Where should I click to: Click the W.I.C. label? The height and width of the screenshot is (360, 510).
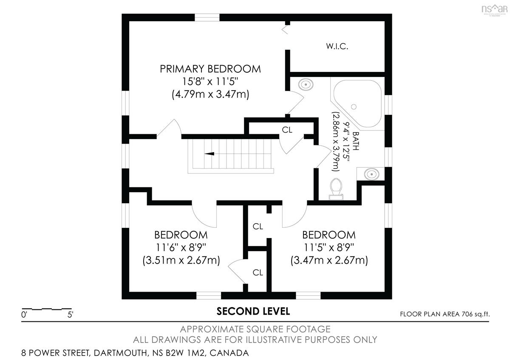pyautogui.click(x=337, y=46)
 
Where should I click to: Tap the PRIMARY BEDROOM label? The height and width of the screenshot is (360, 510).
pyautogui.click(x=210, y=69)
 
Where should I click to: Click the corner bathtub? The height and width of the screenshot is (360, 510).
pyautogui.click(x=358, y=104)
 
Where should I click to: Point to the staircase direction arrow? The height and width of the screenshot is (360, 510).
pyautogui.click(x=209, y=154)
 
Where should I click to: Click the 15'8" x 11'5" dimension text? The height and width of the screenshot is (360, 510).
pyautogui.click(x=210, y=82)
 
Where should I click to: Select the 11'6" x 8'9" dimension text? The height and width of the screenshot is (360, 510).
pyautogui.click(x=181, y=247)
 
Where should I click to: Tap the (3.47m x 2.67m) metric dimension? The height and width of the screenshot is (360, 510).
pyautogui.click(x=329, y=260)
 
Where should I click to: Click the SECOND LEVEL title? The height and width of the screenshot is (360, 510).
pyautogui.click(x=253, y=312)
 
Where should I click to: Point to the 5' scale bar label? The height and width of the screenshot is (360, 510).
pyautogui.click(x=70, y=315)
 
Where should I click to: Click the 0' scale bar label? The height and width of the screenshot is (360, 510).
pyautogui.click(x=24, y=315)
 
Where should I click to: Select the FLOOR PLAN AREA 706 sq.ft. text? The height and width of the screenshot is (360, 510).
pyautogui.click(x=445, y=314)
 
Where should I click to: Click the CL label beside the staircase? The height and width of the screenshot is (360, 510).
pyautogui.click(x=287, y=130)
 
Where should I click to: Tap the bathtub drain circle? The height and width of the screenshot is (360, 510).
pyautogui.click(x=354, y=107)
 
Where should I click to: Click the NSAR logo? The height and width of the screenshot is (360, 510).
pyautogui.click(x=495, y=10)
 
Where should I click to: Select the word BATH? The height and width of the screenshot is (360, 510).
pyautogui.click(x=356, y=141)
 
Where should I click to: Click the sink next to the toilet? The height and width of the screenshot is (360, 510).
pyautogui.click(x=371, y=174)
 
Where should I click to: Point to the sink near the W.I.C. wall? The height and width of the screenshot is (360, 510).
pyautogui.click(x=306, y=85)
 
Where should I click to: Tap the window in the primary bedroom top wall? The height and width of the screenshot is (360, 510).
pyautogui.click(x=207, y=17)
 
